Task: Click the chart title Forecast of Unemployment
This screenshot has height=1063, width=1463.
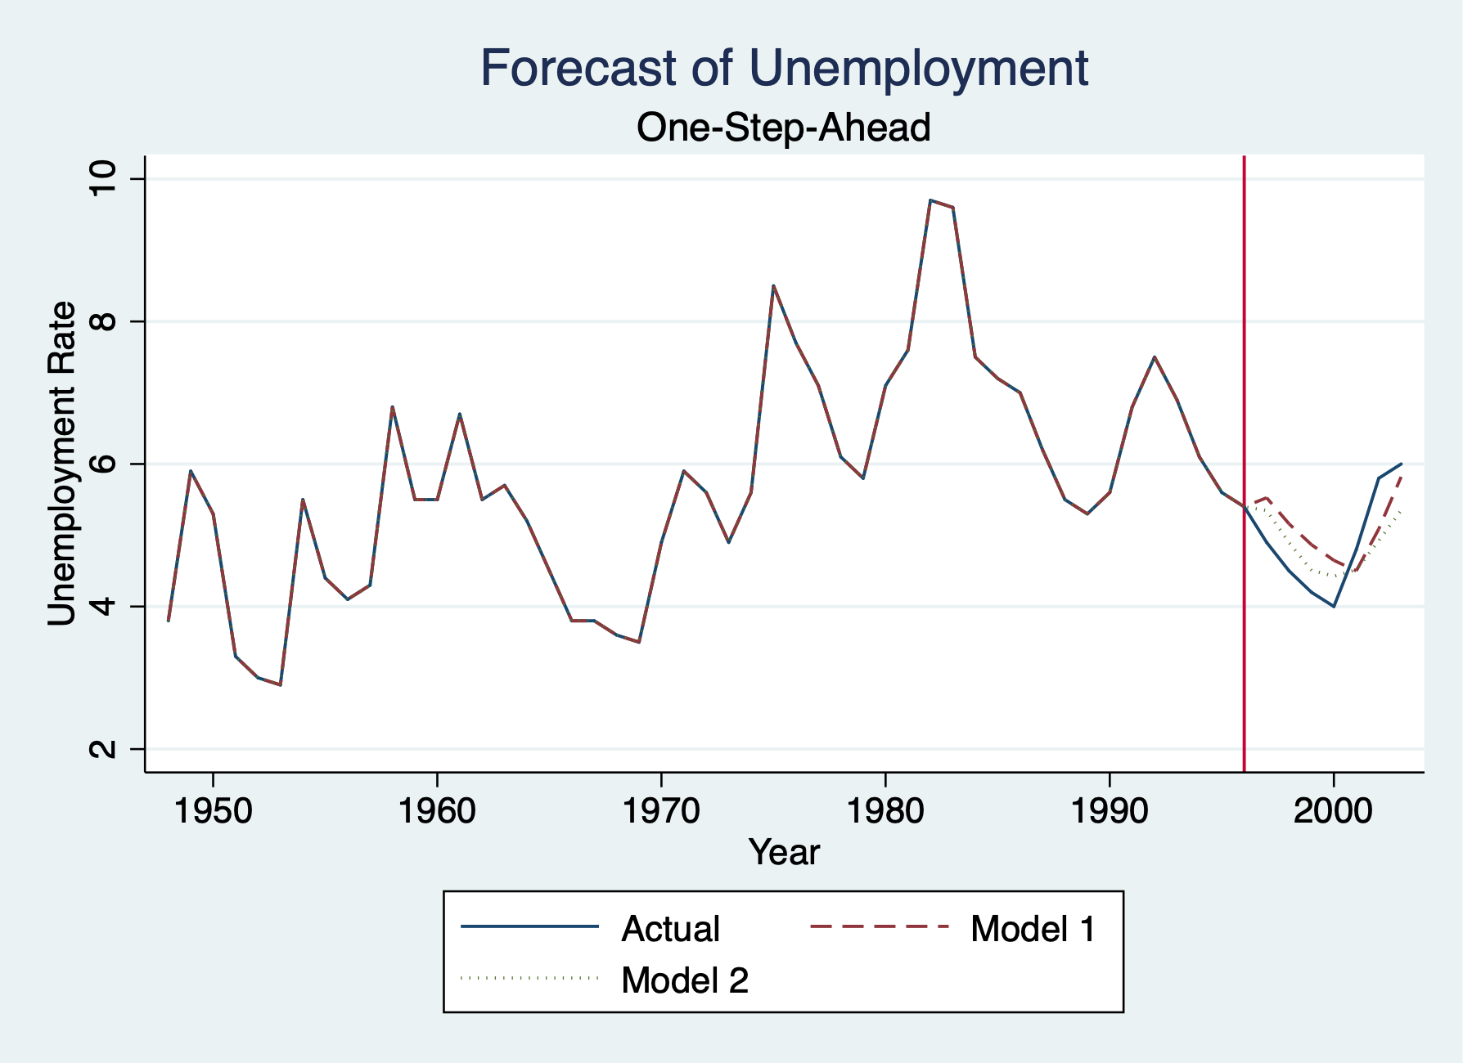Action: [x=783, y=68]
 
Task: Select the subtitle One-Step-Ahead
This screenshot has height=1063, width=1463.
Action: [x=783, y=128]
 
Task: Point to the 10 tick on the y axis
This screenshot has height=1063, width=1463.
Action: [x=104, y=178]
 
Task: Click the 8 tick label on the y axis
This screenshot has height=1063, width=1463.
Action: [x=104, y=321]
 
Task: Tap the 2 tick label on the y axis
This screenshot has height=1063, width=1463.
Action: [x=104, y=749]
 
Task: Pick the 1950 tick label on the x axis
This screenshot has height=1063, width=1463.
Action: [x=213, y=810]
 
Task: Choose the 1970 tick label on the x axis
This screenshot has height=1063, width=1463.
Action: [x=661, y=810]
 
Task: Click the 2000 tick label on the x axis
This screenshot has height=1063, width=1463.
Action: [x=1333, y=810]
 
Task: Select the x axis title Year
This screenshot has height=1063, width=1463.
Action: [x=783, y=852]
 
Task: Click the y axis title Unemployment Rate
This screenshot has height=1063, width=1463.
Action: [x=62, y=464]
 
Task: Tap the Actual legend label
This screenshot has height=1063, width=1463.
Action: [x=670, y=929]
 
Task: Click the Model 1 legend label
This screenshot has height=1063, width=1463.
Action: [x=1033, y=929]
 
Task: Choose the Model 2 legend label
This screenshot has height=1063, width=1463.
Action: [x=685, y=980]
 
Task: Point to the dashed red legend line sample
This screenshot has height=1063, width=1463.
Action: [x=880, y=926]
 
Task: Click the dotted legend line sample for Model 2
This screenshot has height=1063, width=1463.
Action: [x=530, y=977]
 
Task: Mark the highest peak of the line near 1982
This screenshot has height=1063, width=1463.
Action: [x=930, y=200]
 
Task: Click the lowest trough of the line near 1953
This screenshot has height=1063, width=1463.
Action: [x=281, y=684]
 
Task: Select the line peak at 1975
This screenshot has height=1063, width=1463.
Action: [x=773, y=285]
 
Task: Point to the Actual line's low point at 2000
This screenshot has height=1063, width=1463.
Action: [x=1334, y=606]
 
